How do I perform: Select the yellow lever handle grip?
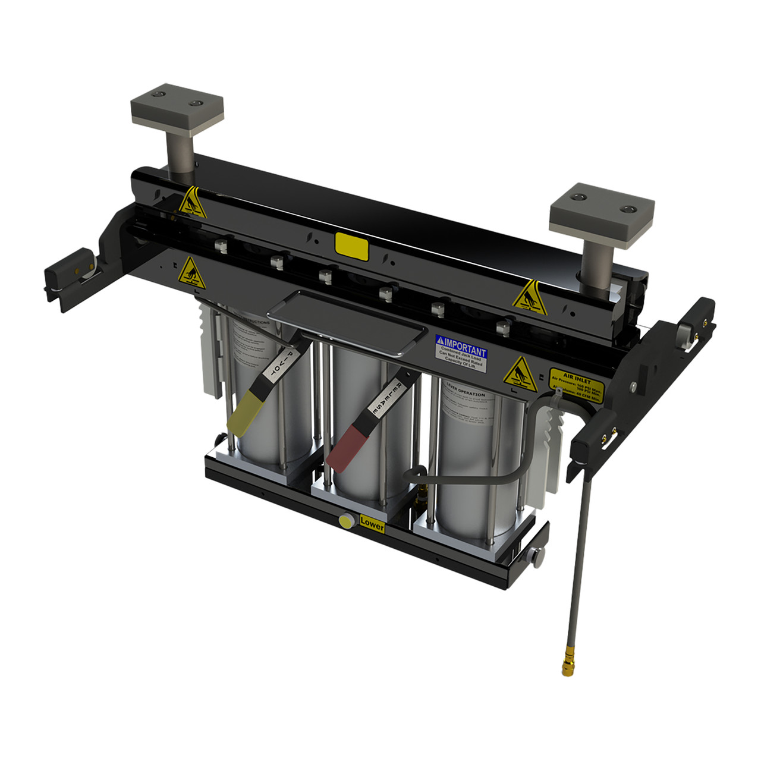point(243,414)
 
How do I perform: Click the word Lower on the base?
point(372,524)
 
